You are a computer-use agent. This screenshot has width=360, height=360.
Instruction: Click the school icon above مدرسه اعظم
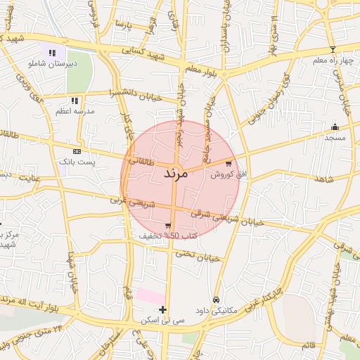tap(75, 101)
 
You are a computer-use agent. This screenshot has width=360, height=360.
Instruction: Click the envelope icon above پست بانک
tap(77, 151)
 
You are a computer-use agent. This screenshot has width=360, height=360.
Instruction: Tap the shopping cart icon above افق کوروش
tap(229, 163)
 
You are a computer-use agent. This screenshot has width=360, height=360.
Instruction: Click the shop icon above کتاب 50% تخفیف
tap(167, 225)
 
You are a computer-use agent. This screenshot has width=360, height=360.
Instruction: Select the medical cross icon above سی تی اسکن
tap(163, 309)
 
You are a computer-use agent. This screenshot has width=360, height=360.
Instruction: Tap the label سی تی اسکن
tap(162, 320)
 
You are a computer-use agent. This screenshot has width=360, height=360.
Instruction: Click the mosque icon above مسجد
tap(335, 127)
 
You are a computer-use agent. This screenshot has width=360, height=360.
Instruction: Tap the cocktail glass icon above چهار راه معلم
tap(333, 50)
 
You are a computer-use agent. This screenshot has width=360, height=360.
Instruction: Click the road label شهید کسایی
tap(143, 51)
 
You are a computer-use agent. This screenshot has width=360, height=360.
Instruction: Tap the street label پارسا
tap(125, 25)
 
